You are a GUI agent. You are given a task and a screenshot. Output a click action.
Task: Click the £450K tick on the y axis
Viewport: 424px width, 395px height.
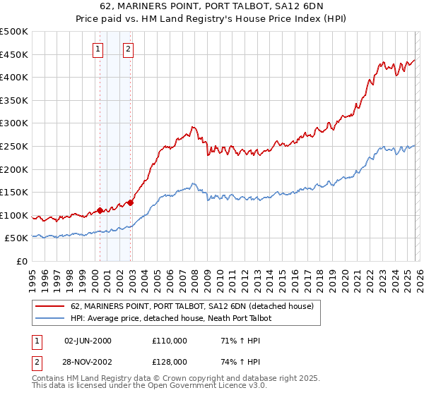tap(14, 54)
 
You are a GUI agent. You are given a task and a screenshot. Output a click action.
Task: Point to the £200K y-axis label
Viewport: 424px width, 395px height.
tap(14, 169)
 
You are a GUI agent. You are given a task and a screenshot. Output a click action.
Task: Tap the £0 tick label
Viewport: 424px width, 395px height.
tap(22, 261)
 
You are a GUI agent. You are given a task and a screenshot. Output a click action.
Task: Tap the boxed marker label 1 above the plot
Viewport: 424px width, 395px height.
tap(98, 49)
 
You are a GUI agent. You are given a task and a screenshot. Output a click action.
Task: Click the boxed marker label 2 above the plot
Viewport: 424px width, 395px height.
tap(128, 49)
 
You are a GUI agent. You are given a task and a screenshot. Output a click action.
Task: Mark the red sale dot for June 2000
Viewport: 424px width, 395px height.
tap(100, 209)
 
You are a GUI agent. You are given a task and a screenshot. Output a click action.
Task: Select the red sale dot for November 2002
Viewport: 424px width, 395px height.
tap(131, 201)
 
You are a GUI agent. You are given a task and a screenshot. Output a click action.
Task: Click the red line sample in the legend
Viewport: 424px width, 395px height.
tap(50, 306)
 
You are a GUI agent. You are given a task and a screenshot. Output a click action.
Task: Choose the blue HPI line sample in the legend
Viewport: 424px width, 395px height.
tap(50, 318)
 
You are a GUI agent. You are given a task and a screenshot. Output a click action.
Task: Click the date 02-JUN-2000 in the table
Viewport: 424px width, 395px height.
tap(88, 341)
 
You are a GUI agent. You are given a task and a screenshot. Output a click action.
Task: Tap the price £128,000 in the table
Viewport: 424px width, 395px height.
tap(170, 360)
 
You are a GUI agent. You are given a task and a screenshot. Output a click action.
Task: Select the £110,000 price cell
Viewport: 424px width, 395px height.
tap(170, 341)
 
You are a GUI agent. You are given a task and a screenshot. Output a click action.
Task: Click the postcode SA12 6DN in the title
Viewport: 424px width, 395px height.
tap(305, 8)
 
